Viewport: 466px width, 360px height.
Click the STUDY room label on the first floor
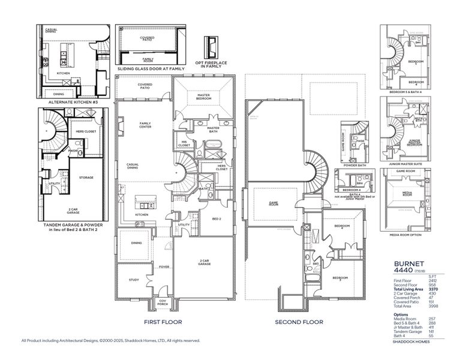[x=134, y=280]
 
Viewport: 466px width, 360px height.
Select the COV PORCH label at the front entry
[x=163, y=303]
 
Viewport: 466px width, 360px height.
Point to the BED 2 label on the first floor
[x=217, y=220]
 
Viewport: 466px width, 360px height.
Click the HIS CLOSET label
[x=184, y=143]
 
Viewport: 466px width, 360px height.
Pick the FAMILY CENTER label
[x=146, y=124]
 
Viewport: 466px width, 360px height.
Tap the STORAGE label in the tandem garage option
[x=86, y=178]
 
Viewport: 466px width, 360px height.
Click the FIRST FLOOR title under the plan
[x=163, y=322]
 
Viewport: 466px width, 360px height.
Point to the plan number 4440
[x=403, y=270]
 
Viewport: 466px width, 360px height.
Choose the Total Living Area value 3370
[x=440, y=289]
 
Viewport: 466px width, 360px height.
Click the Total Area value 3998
[x=440, y=305]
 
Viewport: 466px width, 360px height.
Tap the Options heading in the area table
[x=401, y=313]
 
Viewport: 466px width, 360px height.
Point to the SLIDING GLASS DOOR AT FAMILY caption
[x=151, y=69]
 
